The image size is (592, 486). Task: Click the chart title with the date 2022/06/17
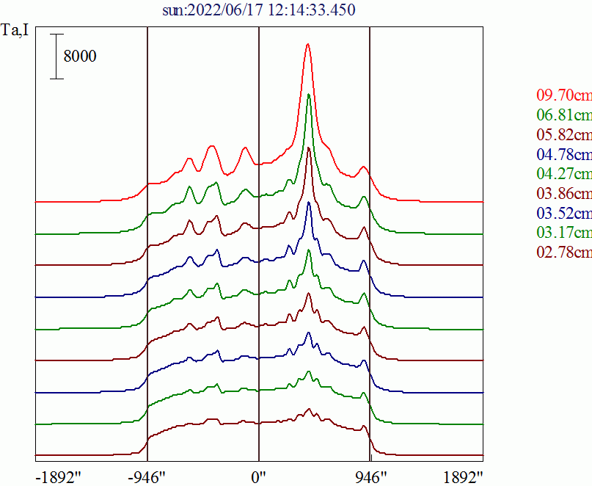(259, 10)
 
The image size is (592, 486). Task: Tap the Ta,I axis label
(15, 30)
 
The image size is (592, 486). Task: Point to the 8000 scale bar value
(80, 56)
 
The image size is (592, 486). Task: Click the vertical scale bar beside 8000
(56, 57)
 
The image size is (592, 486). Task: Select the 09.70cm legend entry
(564, 95)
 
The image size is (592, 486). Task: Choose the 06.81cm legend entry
(564, 115)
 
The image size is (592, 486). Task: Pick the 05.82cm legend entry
(564, 134)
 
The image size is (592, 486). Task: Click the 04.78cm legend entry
(564, 154)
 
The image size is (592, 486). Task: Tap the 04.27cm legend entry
(564, 173)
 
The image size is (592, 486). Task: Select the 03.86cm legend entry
(564, 193)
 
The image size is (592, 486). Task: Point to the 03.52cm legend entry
(564, 213)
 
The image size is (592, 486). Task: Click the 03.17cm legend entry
(564, 232)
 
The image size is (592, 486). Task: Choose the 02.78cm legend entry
(564, 252)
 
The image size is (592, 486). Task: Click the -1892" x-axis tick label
(59, 478)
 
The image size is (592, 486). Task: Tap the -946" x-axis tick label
(147, 478)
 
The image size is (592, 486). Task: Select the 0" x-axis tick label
(259, 478)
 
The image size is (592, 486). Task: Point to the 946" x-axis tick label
(371, 478)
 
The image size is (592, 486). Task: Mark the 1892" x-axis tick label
(463, 478)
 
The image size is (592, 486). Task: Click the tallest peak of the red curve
(307, 44)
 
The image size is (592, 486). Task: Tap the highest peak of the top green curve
(309, 94)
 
